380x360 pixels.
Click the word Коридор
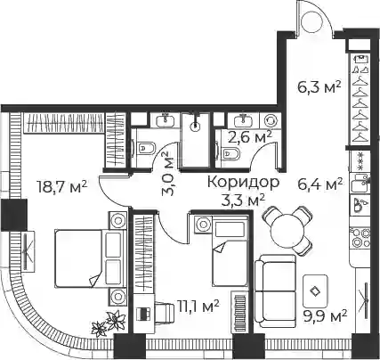pyautogui.click(x=243, y=182)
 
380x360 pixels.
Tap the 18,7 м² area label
pyautogui.click(x=61, y=186)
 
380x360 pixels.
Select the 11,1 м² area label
pyautogui.click(x=198, y=307)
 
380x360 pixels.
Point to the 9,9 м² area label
pyautogui.click(x=325, y=316)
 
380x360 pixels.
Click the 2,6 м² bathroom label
pyautogui.click(x=250, y=137)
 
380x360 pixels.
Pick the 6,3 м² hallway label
pyautogui.click(x=319, y=87)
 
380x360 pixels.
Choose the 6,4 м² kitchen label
pyautogui.click(x=320, y=185)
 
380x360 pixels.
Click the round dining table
pyautogui.click(x=287, y=230)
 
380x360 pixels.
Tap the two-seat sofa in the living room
pyautogui.click(x=275, y=290)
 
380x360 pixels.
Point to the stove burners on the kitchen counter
pyautogui.click(x=360, y=238)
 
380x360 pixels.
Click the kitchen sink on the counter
pyautogui.click(x=360, y=183)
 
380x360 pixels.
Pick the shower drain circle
pyautogui.click(x=195, y=127)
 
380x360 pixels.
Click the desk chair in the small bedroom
pyautogui.click(x=164, y=311)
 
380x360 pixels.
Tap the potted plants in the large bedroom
pyautogui.click(x=107, y=323)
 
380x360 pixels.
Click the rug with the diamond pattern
pyautogui.click(x=315, y=291)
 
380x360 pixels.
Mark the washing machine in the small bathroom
pyautogui.click(x=270, y=121)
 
